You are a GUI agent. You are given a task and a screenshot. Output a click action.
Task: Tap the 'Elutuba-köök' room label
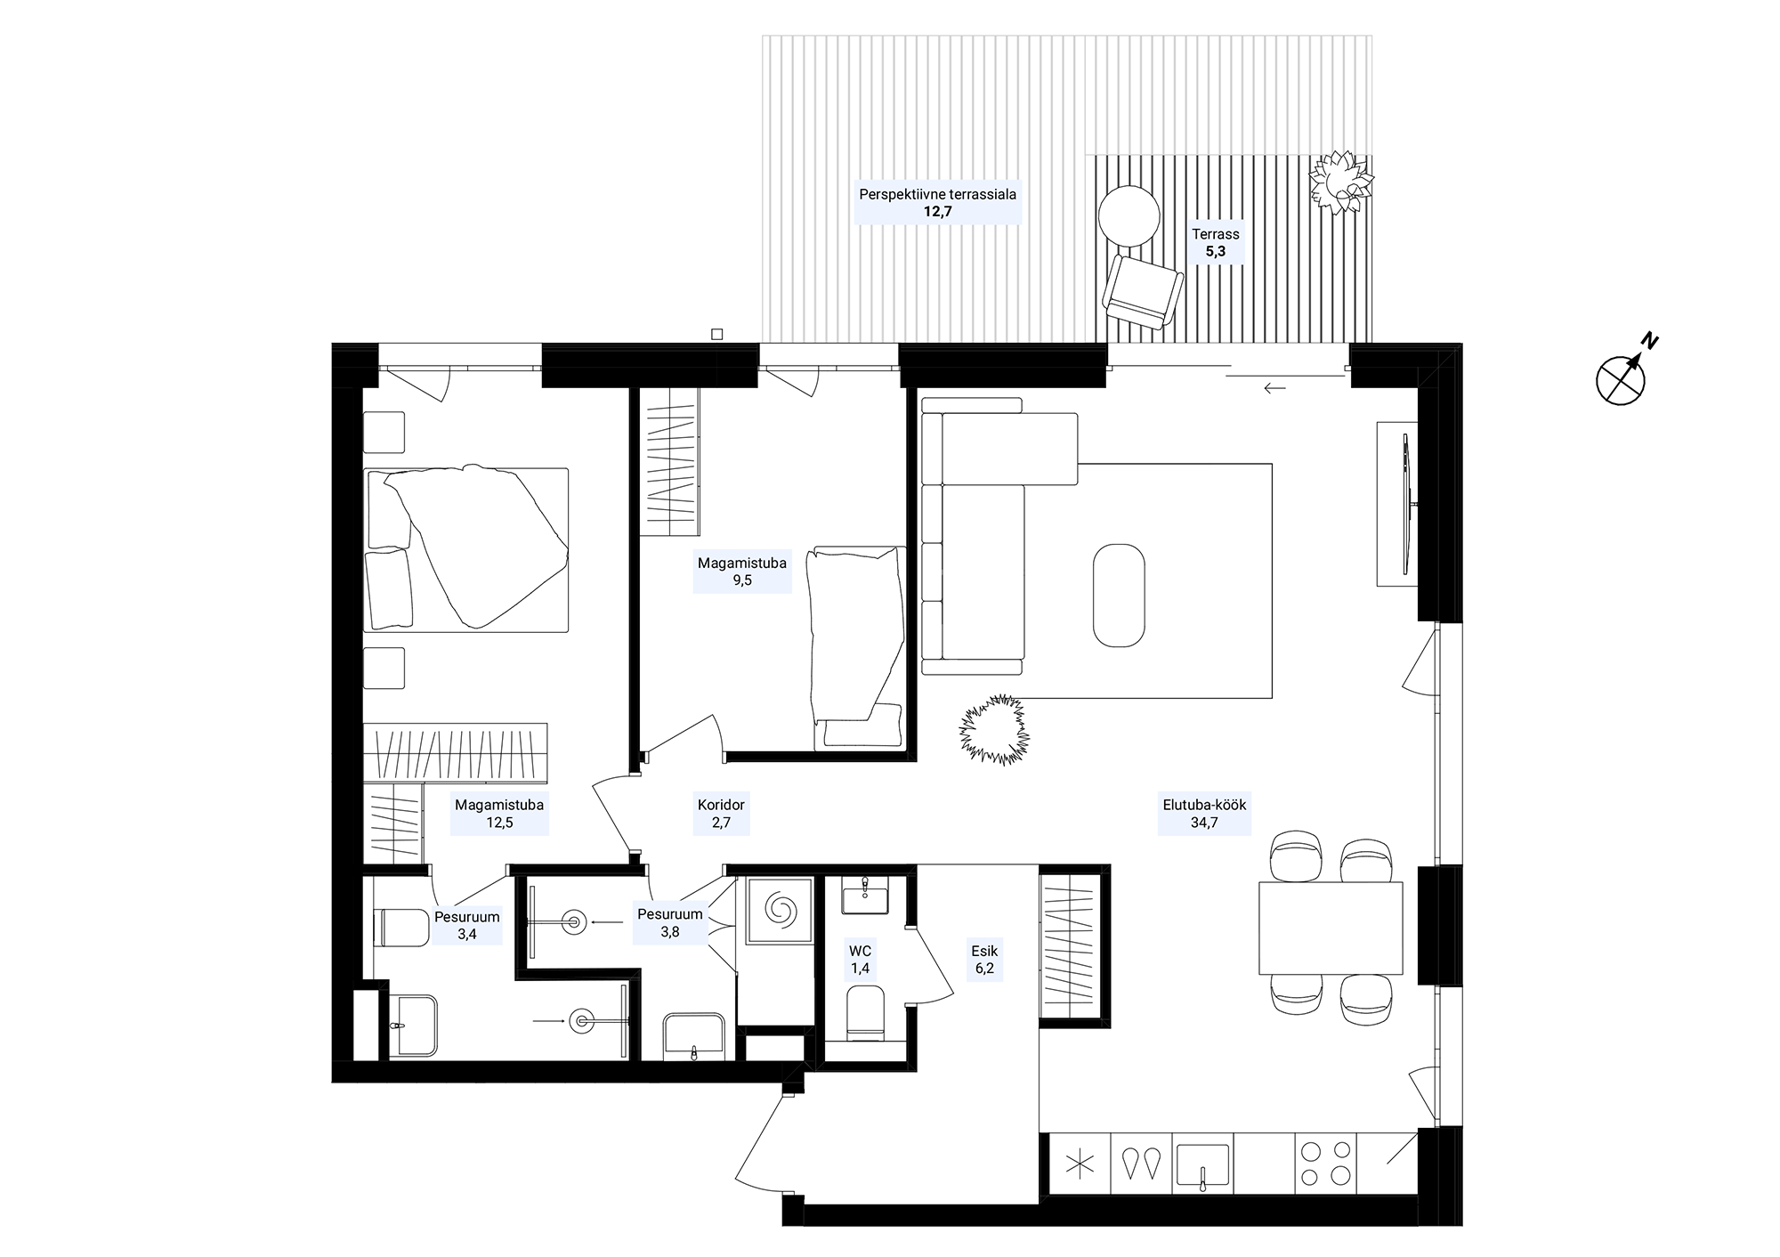[x=1204, y=805]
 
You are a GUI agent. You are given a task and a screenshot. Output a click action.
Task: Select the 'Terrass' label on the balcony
[x=1216, y=234]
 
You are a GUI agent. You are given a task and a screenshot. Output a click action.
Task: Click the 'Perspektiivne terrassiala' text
[x=937, y=193]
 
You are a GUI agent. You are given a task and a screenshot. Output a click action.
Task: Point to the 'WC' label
[x=860, y=951]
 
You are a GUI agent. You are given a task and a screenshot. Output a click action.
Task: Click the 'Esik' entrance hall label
[x=984, y=951]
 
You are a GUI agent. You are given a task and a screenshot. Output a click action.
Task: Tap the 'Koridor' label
[x=721, y=805]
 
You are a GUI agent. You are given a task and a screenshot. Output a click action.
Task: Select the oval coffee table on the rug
[x=1119, y=595]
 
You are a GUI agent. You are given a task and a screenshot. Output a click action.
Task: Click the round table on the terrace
[x=1129, y=216]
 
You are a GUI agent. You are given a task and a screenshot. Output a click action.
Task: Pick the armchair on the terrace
[x=1143, y=292]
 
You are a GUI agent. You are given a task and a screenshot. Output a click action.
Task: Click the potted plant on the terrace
[x=1341, y=182]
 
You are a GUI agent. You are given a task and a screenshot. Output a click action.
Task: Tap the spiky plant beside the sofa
[x=994, y=730]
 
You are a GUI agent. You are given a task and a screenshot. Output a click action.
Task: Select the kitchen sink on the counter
[x=1202, y=1165]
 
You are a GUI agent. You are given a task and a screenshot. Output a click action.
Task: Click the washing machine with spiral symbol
[x=780, y=910]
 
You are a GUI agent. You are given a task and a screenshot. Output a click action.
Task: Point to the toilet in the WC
[x=865, y=1012]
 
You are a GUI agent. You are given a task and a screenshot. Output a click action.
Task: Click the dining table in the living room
[x=1331, y=929]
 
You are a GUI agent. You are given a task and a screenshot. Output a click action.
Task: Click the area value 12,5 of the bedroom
[x=499, y=823]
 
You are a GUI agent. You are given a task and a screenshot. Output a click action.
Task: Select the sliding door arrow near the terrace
[x=1274, y=388]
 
